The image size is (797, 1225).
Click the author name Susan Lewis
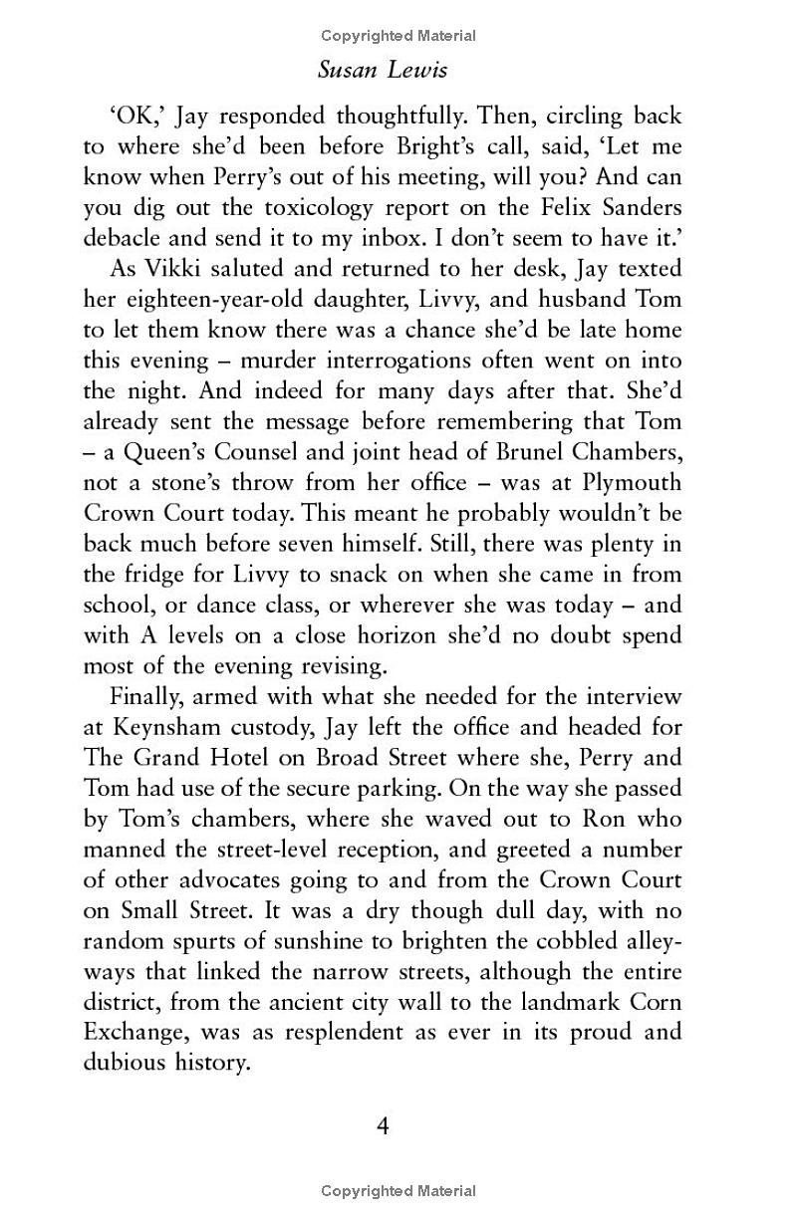click(398, 71)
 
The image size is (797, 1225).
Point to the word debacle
click(125, 240)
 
